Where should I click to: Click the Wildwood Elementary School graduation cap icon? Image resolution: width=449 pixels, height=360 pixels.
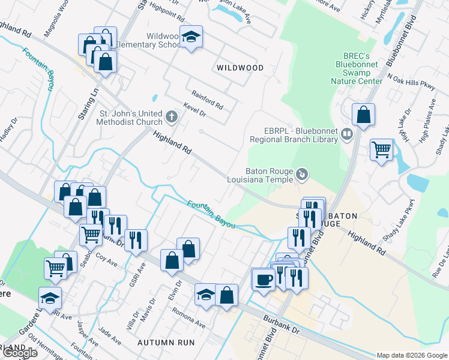pyautogui.click(x=191, y=37)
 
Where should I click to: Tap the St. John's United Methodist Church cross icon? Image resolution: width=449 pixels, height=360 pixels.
pyautogui.click(x=172, y=116)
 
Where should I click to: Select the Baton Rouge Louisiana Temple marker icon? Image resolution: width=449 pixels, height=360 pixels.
pyautogui.click(x=303, y=175)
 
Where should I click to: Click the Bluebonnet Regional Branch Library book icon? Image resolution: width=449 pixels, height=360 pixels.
pyautogui.click(x=346, y=134)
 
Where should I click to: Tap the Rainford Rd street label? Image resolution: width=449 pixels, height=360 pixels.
pyautogui.click(x=208, y=100)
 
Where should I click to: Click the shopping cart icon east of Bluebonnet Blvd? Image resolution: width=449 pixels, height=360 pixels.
pyautogui.click(x=381, y=149)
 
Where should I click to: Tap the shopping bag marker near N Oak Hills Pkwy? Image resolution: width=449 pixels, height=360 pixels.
pyautogui.click(x=363, y=114)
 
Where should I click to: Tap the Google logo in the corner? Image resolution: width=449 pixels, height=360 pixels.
pyautogui.click(x=20, y=353)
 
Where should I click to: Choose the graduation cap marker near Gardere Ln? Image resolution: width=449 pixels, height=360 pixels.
pyautogui.click(x=50, y=297)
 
